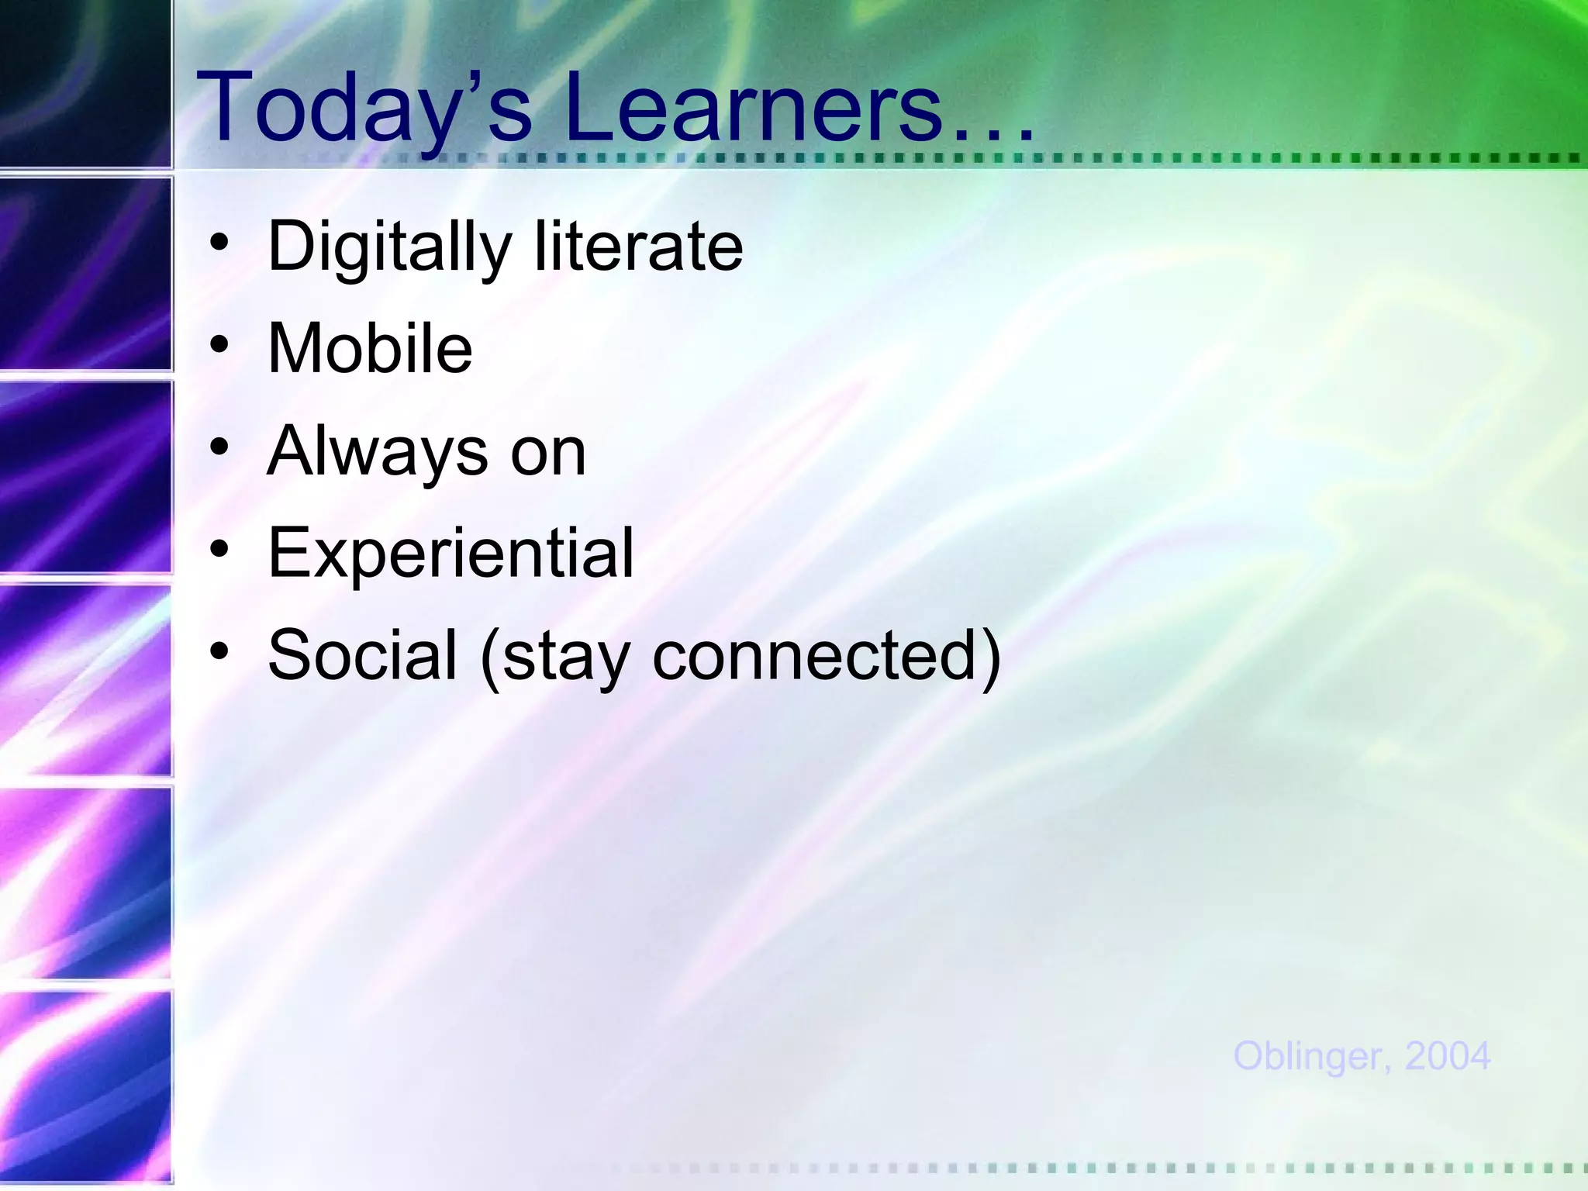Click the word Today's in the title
[364, 109]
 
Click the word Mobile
[370, 349]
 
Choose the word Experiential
[451, 554]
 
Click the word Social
[362, 656]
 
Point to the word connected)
[827, 656]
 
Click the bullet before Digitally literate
[219, 242]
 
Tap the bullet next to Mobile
[219, 343]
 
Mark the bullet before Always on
[219, 447]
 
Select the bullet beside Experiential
[219, 549]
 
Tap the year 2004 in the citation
[1447, 1057]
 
